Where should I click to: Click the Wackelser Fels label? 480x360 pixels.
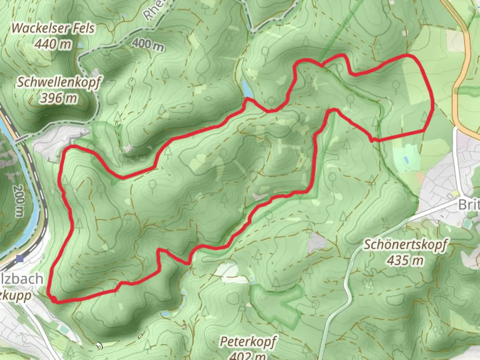click(53, 28)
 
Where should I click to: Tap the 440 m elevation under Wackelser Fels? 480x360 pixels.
click(53, 44)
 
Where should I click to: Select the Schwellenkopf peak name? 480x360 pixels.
click(59, 82)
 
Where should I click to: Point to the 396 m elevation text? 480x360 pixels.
click(59, 98)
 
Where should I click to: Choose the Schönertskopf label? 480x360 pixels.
click(405, 244)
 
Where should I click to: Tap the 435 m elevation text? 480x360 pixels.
click(405, 260)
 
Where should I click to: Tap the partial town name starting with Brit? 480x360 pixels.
click(469, 204)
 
